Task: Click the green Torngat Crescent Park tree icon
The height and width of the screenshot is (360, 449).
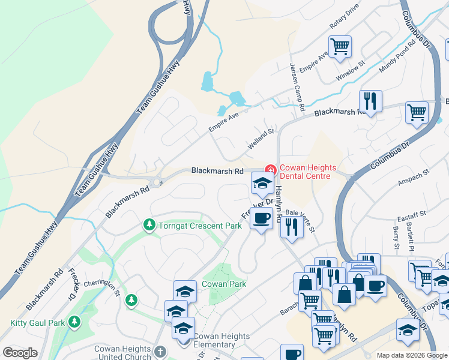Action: click(x=148, y=225)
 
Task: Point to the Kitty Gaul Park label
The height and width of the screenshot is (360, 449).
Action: click(x=37, y=323)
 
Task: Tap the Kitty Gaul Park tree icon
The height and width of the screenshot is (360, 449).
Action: click(x=74, y=322)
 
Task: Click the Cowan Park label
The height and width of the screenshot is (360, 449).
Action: click(x=216, y=283)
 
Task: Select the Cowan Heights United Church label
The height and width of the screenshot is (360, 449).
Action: click(x=122, y=353)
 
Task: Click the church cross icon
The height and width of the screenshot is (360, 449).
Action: click(x=160, y=352)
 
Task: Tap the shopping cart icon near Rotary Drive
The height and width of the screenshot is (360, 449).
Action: click(x=340, y=46)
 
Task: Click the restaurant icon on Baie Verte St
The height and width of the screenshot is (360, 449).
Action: click(x=291, y=227)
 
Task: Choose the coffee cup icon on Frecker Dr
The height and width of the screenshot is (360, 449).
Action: click(x=261, y=218)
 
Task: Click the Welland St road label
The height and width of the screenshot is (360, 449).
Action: click(x=261, y=139)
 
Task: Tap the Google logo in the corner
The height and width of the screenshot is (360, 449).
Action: click(x=20, y=353)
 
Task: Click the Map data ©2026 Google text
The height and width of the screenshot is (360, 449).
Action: click(x=411, y=355)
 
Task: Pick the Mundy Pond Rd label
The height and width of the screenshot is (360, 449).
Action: click(x=398, y=57)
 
